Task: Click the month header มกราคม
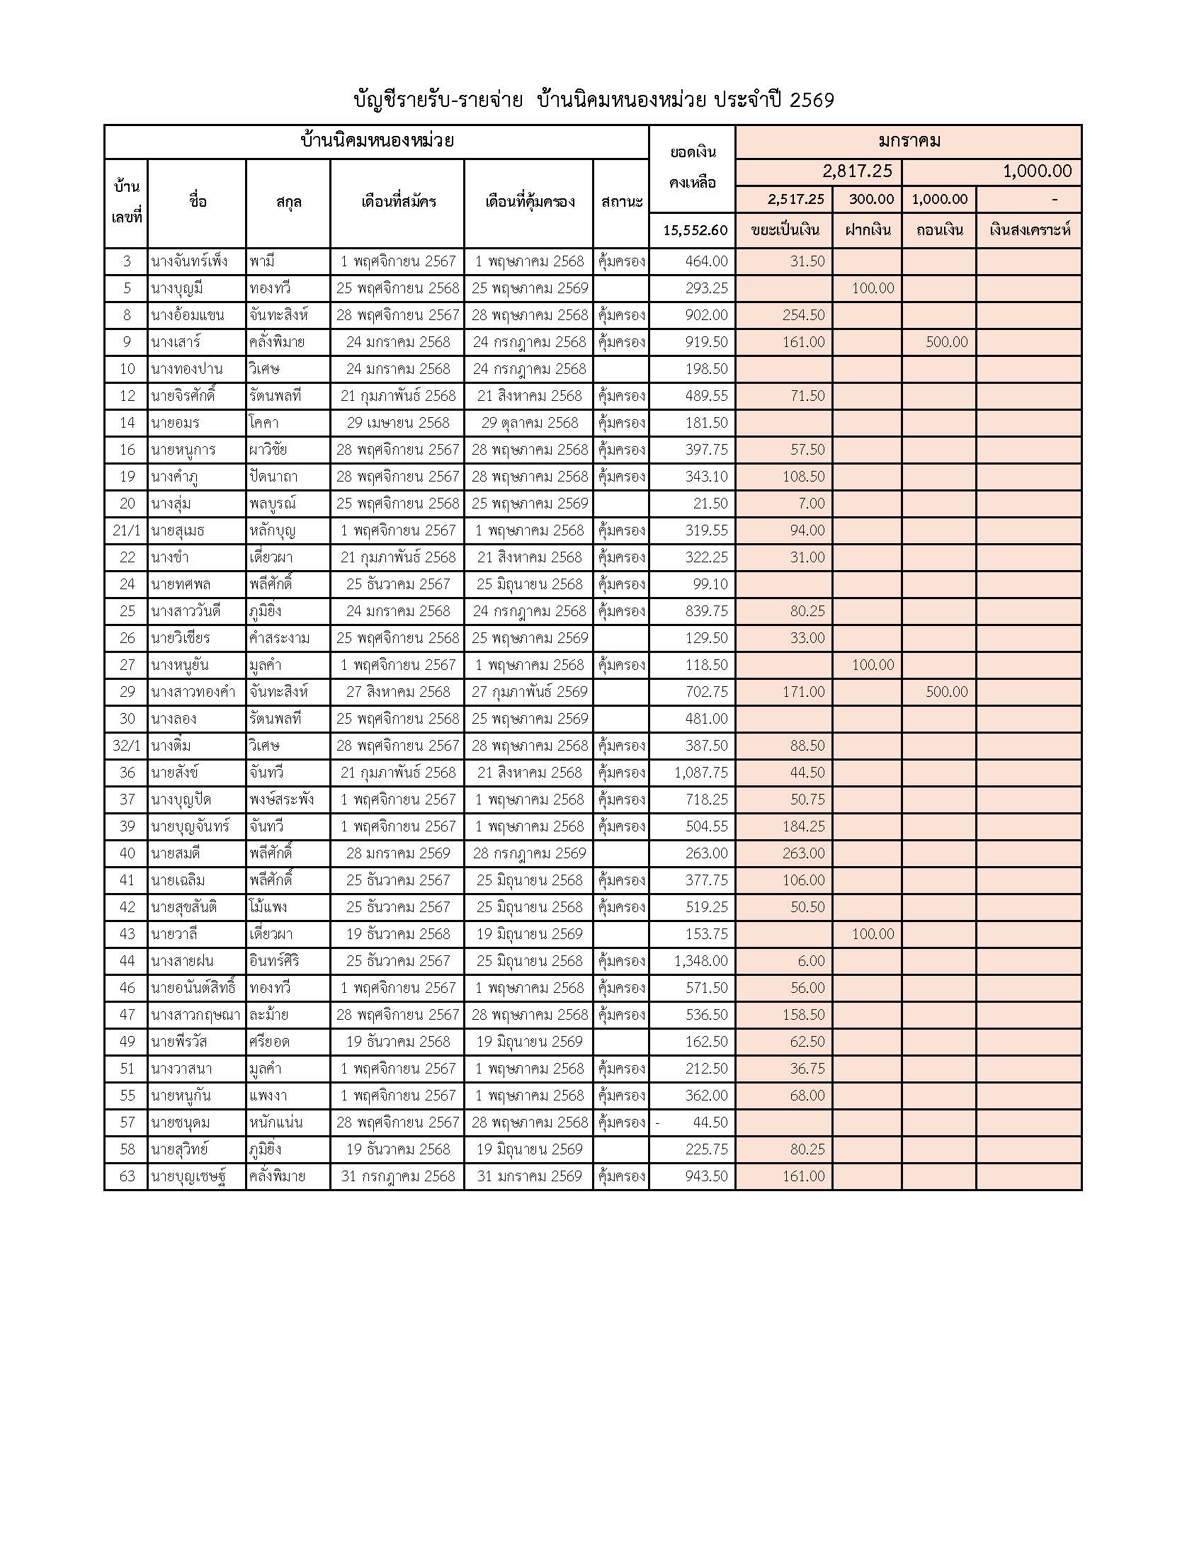tap(908, 141)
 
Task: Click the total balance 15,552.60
tap(695, 230)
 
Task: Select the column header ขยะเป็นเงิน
tap(784, 230)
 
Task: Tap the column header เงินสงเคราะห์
tap(1028, 230)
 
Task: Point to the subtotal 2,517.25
tap(795, 200)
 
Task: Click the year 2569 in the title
tap(812, 101)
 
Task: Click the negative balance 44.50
tap(710, 1123)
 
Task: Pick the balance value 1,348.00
tap(700, 962)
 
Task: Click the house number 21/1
tap(126, 530)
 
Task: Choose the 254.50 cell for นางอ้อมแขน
tap(803, 315)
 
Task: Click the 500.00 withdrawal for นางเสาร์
tap(946, 343)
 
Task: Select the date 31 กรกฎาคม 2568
tap(398, 1176)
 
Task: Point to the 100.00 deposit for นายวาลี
tap(873, 935)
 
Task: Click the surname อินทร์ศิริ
tap(275, 962)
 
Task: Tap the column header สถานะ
tap(621, 202)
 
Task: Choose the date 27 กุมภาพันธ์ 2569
tap(529, 692)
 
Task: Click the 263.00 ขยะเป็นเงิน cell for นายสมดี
tap(803, 854)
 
